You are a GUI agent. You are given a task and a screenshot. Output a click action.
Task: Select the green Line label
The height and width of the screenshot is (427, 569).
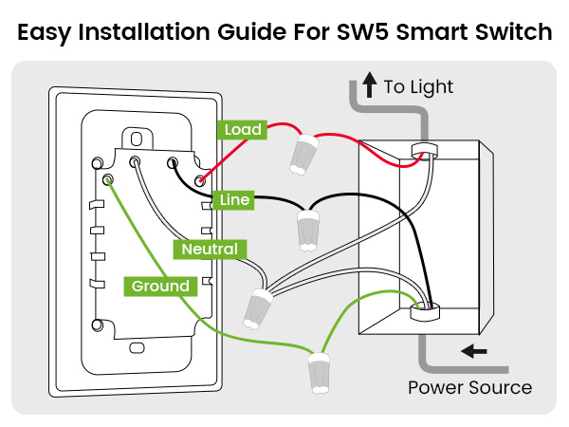(234, 200)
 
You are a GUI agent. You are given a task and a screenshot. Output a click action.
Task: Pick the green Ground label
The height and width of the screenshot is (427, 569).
(160, 286)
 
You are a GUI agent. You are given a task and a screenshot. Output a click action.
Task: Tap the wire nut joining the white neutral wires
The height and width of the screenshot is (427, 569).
(258, 306)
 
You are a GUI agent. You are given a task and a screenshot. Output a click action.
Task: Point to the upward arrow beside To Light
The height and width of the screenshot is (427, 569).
(370, 86)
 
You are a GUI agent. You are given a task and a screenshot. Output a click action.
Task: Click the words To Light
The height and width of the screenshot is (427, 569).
(419, 87)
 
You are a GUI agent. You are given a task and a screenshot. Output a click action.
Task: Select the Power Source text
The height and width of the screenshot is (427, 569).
(469, 387)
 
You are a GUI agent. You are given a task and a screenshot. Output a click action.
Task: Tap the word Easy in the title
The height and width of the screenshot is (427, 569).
(48, 32)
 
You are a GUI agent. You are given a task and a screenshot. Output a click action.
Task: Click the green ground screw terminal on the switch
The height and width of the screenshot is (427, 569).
(109, 177)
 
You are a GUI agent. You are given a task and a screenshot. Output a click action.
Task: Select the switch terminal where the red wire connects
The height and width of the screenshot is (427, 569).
(199, 179)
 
